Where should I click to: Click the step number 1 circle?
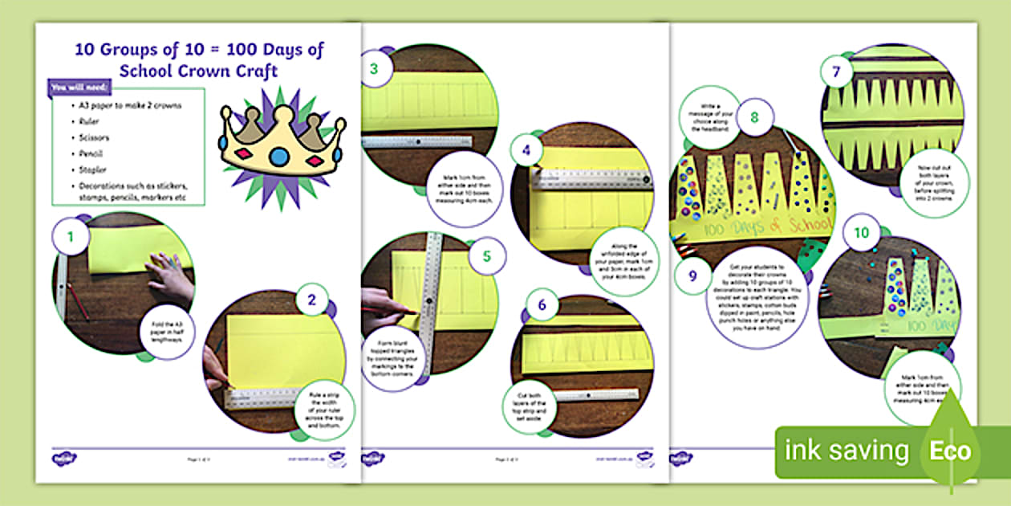point(71,238)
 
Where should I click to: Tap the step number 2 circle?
point(311,300)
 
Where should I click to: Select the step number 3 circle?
point(374,69)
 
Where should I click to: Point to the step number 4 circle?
point(526,149)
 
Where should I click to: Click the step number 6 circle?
point(542,305)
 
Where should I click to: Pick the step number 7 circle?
point(836,71)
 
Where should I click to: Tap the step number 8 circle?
point(754,117)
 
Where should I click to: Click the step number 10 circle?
point(860,234)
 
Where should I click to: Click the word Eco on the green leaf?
point(949,451)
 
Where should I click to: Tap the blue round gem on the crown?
point(278,157)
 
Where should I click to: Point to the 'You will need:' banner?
point(80,88)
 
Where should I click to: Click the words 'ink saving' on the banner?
point(847,451)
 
